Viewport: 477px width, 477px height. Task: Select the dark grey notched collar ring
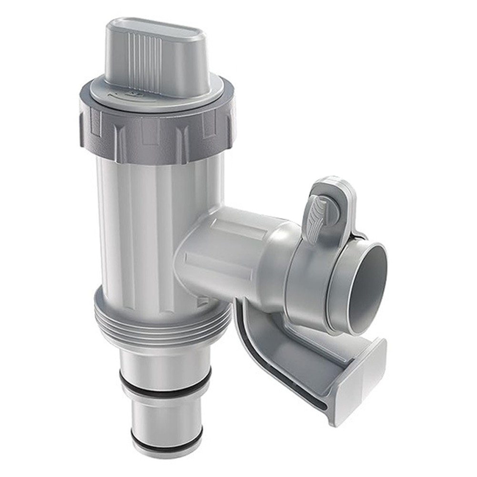point(157,133)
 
